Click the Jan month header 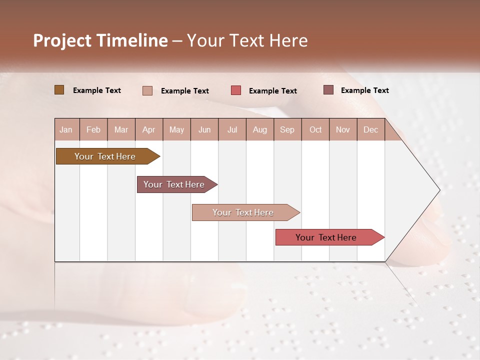click(x=66, y=129)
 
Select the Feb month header click(x=93, y=129)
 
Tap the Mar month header click(x=121, y=129)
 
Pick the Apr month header click(x=149, y=129)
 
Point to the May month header click(x=176, y=129)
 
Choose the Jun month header click(x=204, y=129)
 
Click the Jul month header click(x=232, y=129)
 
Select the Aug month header click(x=260, y=129)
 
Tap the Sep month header click(x=287, y=129)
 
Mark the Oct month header click(x=315, y=129)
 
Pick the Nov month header click(x=343, y=129)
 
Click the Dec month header click(x=371, y=129)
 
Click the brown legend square click(x=59, y=90)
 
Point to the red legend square click(x=236, y=90)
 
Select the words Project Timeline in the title click(x=100, y=40)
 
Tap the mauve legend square click(x=328, y=90)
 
